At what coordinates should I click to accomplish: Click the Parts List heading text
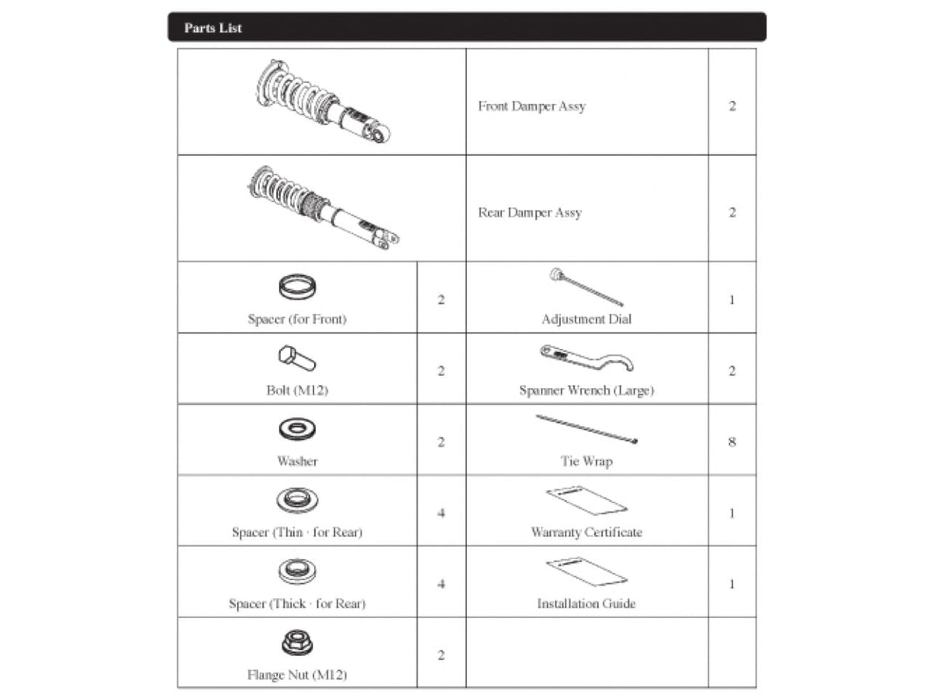[x=213, y=28]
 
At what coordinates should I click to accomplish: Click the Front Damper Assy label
[x=531, y=106]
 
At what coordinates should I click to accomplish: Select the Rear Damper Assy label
[x=529, y=213]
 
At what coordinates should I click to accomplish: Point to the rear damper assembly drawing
[x=321, y=209]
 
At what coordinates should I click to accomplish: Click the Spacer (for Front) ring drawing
[x=296, y=289]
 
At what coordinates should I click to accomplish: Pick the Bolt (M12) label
[x=297, y=390]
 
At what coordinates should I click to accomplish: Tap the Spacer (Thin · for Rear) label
[x=297, y=532]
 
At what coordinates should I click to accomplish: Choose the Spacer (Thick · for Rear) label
[x=297, y=603]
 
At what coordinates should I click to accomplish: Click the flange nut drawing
[x=297, y=643]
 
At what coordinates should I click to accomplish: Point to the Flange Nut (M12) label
[x=297, y=675]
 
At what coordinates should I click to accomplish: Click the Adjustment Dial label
[x=587, y=319]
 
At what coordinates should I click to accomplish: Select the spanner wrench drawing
[x=587, y=358]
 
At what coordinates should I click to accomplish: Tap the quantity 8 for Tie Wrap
[x=732, y=442]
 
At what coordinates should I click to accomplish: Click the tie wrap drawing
[x=587, y=429]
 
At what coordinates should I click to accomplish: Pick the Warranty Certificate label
[x=587, y=532]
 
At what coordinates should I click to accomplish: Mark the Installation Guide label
[x=587, y=603]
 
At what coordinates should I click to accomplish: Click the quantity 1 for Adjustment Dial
[x=732, y=299]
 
